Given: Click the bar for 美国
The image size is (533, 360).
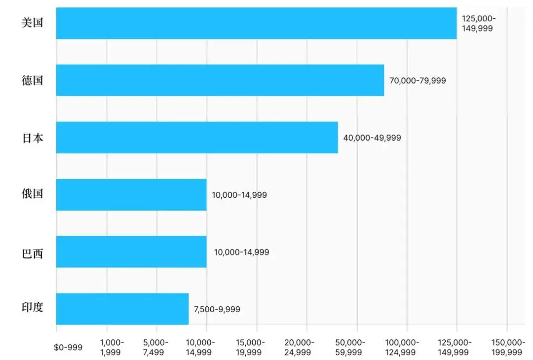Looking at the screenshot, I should click(x=256, y=23).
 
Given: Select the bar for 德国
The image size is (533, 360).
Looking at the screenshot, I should click(x=220, y=80).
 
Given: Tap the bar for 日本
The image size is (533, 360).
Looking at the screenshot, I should click(x=197, y=138).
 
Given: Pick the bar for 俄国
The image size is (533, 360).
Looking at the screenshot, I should click(x=131, y=195).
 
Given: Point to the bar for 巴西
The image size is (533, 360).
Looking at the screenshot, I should click(x=131, y=252).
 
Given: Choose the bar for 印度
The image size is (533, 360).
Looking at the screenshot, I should click(x=122, y=309).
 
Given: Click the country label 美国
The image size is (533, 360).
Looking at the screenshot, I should click(x=33, y=23).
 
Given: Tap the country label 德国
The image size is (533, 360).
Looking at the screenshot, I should click(x=33, y=80).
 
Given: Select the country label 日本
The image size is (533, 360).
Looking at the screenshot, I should click(x=33, y=138).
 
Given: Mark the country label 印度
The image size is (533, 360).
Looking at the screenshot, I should click(x=33, y=307).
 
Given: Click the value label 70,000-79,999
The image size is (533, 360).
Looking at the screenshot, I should click(x=418, y=80).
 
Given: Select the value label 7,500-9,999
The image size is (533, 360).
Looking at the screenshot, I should click(x=217, y=309).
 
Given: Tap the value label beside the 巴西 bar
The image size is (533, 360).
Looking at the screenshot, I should click(x=241, y=252).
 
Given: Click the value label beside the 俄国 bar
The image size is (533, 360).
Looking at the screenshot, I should click(x=239, y=195).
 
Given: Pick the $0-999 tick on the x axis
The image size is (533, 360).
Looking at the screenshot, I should click(x=68, y=347).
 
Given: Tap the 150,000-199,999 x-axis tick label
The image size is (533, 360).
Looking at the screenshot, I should click(x=507, y=347).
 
